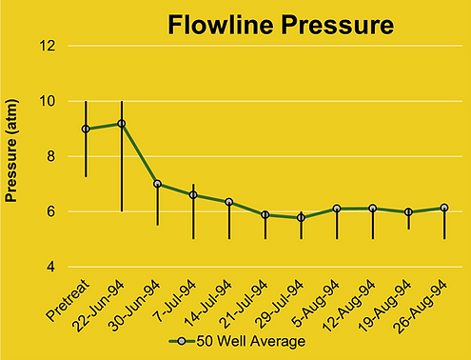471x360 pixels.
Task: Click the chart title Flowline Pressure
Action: pos(280,25)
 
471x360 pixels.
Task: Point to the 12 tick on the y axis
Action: pos(49,46)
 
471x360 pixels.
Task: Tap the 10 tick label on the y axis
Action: pos(49,101)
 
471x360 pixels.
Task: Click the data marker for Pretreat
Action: pos(86,129)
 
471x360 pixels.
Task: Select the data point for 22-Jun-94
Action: pos(122,123)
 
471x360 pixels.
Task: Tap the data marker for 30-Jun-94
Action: pos(157,184)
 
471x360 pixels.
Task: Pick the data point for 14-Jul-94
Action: pos(229,202)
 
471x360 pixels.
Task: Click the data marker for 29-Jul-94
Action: pos(301,217)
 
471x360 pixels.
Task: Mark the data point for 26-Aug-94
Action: pos(444,208)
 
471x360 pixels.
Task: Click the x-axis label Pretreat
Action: pos(67,300)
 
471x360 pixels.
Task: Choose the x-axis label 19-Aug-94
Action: pos(388,302)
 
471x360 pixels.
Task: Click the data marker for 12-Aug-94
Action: pos(373,208)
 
